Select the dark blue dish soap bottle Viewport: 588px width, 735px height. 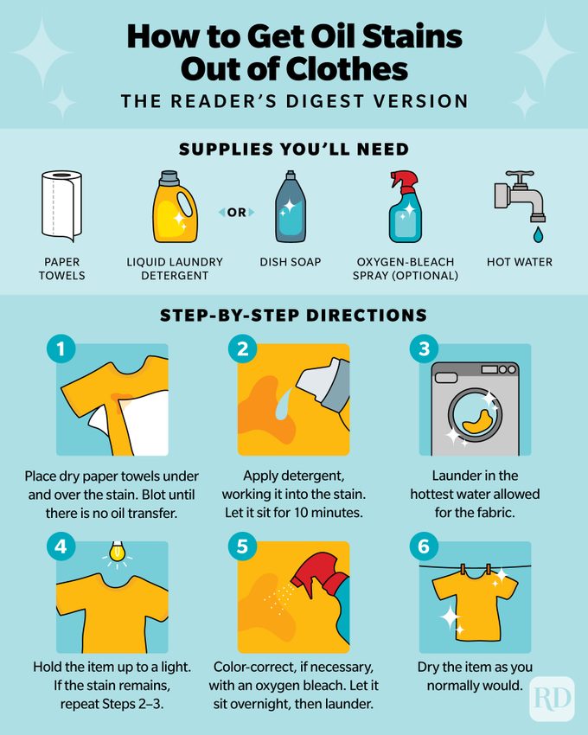290,208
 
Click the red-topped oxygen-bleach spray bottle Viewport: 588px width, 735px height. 406,208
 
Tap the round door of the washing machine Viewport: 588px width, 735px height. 474,413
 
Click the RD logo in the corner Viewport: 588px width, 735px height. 551,699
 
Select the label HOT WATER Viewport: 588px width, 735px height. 519,262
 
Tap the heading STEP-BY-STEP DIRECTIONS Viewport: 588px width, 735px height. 294,316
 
